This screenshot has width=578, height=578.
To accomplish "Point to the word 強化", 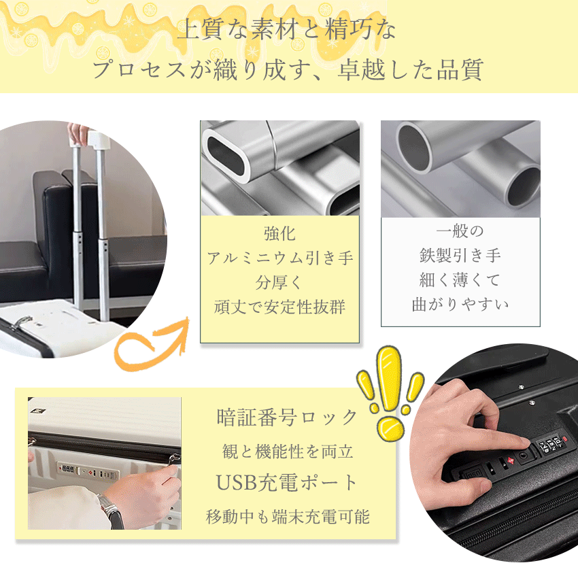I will (279, 233).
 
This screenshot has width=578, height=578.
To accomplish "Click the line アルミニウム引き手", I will (279, 258).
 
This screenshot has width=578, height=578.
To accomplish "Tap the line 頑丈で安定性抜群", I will (279, 307).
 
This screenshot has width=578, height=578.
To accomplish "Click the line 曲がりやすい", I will (460, 304).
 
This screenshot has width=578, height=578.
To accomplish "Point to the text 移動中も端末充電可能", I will (288, 516).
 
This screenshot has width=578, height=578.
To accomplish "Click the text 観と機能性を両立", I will (288, 451).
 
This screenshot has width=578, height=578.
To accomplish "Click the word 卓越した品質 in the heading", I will (410, 70).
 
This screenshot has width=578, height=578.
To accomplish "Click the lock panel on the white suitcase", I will (85, 469).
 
